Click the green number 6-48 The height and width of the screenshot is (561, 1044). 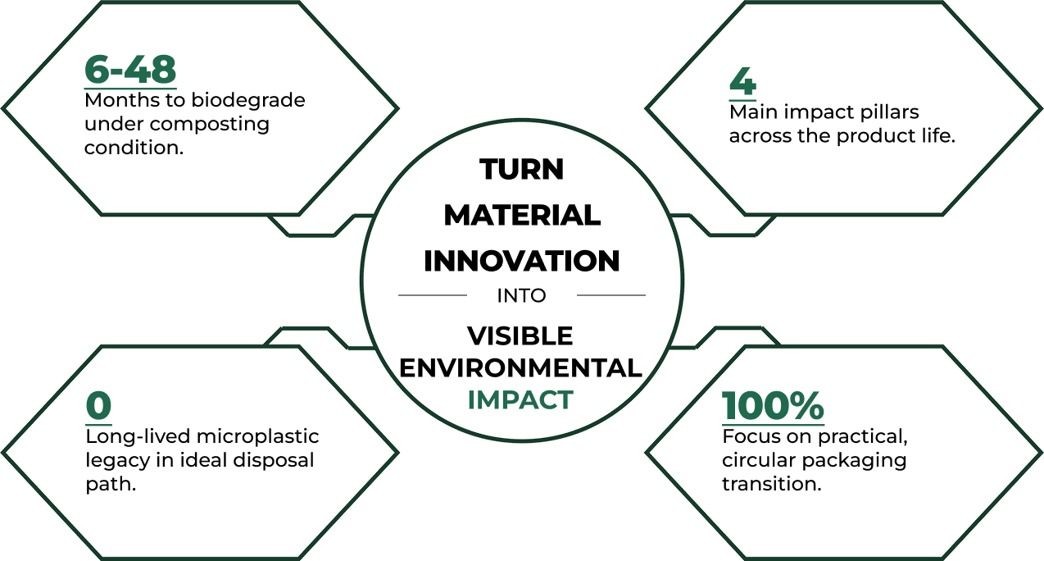pos(130,70)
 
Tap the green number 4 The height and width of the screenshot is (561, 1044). pos(742,81)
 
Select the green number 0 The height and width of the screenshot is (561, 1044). pos(98,406)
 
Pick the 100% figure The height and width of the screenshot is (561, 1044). pos(773,406)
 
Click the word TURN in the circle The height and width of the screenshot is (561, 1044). pos(521,169)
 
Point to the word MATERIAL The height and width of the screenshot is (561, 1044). pos(522,215)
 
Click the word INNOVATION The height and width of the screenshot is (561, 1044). pos(521,261)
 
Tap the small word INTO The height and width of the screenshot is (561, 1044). pos(521,295)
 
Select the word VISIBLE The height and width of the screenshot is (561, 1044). pos(520,335)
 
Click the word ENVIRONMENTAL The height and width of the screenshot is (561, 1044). pos(520,368)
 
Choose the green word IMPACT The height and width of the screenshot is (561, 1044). pos(520,399)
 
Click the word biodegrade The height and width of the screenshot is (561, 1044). pos(248,101)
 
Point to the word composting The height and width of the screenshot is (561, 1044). pos(210,125)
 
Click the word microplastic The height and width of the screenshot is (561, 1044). pos(258,437)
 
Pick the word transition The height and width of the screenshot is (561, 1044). pos(772,484)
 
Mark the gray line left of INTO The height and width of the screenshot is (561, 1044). pos(433,295)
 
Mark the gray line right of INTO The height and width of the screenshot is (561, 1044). pos(611,295)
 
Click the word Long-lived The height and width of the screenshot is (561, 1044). pos(138,437)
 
